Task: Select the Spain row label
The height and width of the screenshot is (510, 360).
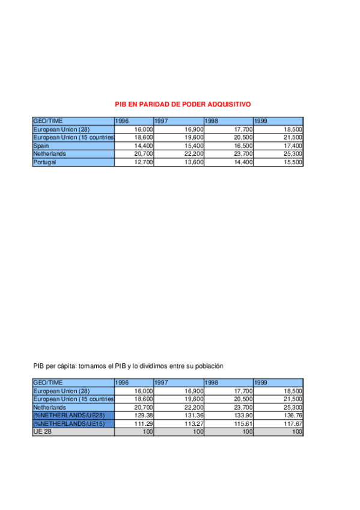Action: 41,146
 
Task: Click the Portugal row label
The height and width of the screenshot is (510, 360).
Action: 45,162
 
